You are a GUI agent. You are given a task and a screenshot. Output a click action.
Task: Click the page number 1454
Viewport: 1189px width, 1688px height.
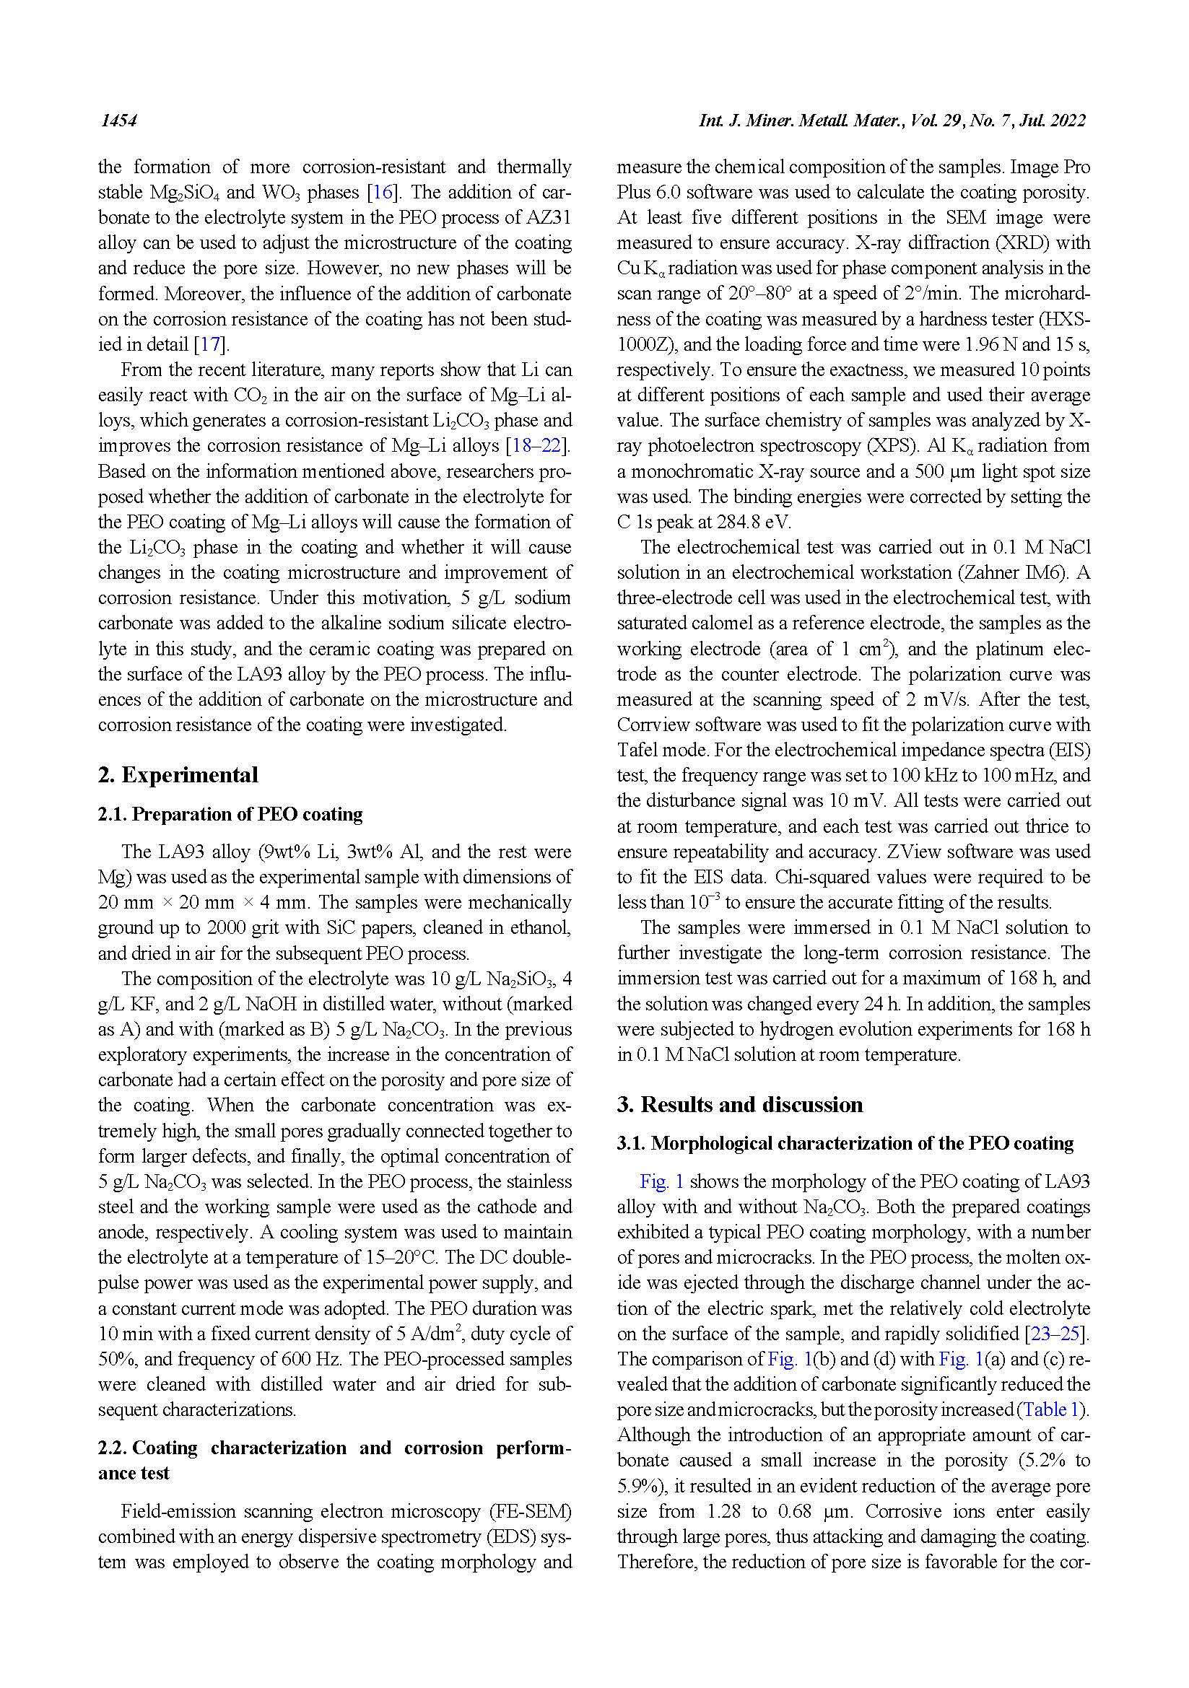118,121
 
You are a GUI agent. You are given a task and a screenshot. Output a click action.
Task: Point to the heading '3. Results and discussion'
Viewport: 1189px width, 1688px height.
740,1105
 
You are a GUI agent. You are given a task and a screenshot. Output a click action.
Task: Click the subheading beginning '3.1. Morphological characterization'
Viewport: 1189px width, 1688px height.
845,1144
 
